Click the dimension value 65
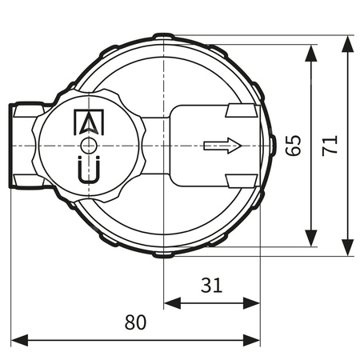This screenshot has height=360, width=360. (294, 145)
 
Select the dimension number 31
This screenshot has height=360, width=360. (212, 284)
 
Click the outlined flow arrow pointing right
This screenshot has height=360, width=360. (222, 146)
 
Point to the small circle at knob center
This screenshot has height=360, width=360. (88, 145)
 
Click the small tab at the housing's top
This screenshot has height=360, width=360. (163, 36)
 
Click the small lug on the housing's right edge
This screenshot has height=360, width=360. (272, 146)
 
